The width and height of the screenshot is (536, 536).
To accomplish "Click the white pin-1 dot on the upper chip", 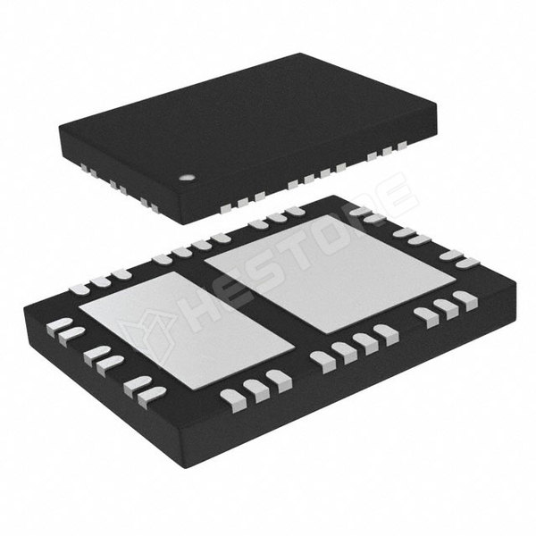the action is pyautogui.click(x=187, y=178).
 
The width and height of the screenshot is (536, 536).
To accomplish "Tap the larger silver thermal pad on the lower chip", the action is pyautogui.click(x=331, y=273).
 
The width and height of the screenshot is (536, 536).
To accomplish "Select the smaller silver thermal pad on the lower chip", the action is pyautogui.click(x=187, y=331).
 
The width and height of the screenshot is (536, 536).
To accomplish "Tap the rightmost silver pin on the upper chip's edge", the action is pyautogui.click(x=402, y=146).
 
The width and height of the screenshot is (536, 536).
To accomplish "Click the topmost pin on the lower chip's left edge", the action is pyautogui.click(x=60, y=325).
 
